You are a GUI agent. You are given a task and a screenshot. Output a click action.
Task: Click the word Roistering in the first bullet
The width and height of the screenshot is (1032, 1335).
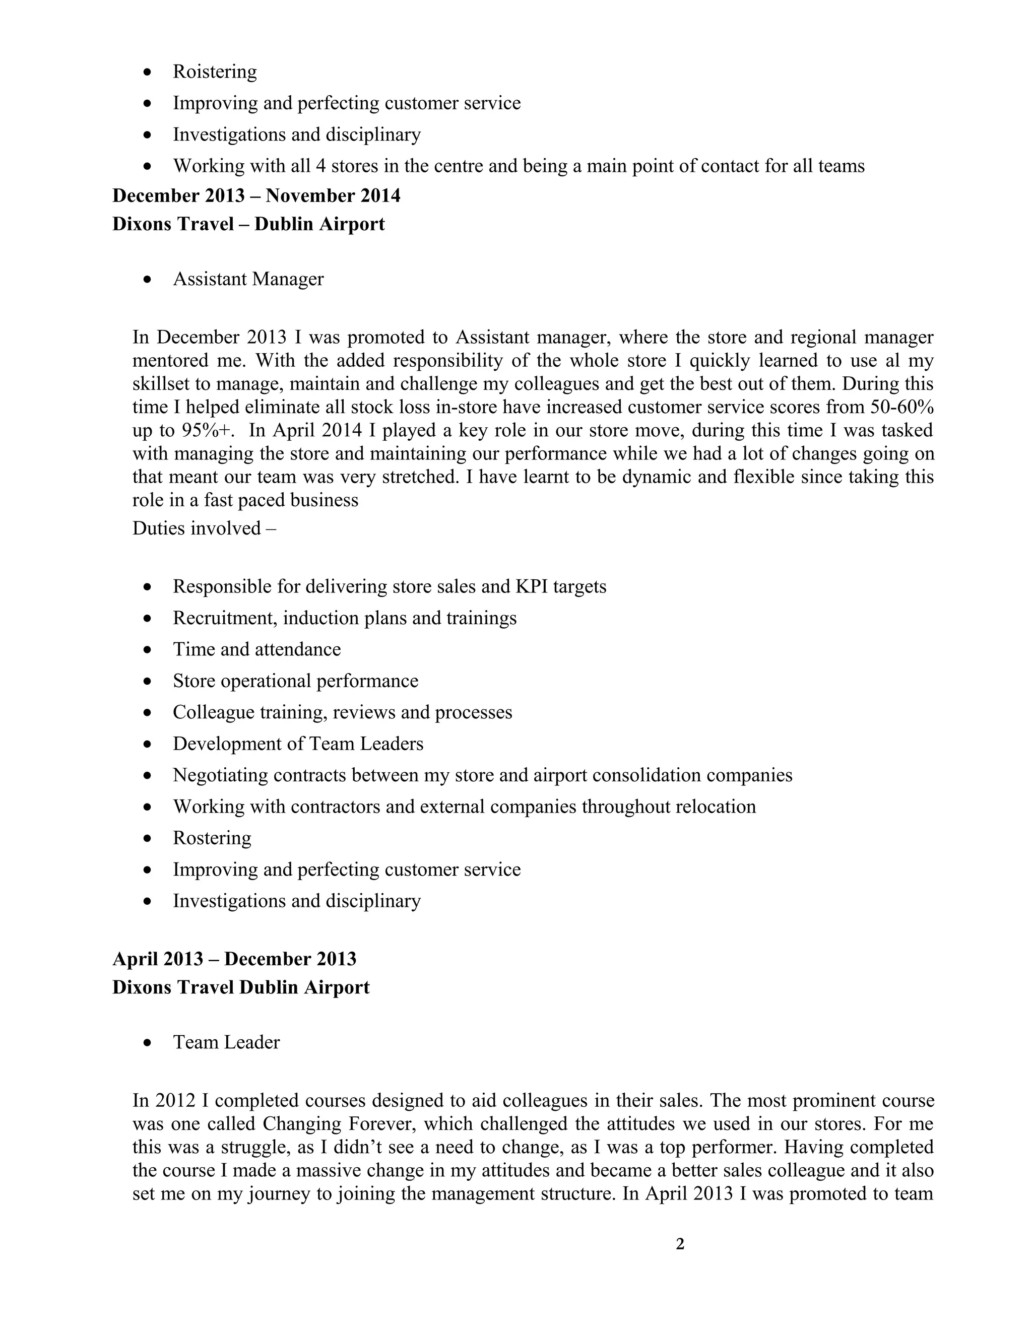(215, 72)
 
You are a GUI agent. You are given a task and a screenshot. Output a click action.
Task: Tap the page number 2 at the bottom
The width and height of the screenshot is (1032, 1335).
(680, 1244)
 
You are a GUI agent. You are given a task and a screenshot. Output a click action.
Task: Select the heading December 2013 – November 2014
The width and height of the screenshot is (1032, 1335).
(256, 195)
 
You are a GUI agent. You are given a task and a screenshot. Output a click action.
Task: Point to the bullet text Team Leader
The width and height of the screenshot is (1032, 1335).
(226, 1042)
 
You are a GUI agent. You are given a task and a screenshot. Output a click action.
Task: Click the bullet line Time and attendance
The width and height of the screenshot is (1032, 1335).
(257, 649)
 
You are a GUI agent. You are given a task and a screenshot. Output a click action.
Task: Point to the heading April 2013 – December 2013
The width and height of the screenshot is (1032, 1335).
(234, 959)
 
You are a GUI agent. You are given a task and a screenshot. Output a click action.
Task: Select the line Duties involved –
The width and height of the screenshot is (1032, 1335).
(204, 527)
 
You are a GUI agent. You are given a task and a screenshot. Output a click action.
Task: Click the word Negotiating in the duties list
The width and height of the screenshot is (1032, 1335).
(220, 775)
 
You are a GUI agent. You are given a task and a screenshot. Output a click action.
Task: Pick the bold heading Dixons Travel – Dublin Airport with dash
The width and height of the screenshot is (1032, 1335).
(248, 224)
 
